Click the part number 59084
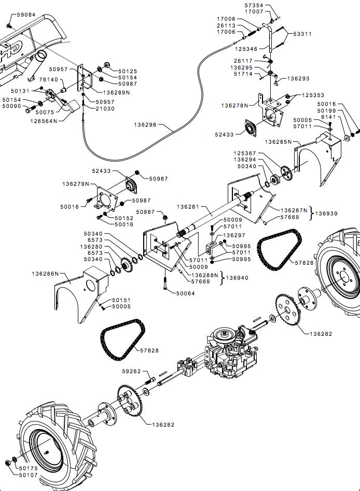pos(26,15)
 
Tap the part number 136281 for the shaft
pos(188,207)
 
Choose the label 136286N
pos(45,273)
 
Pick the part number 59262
pos(132,372)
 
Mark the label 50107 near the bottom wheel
pos(28,475)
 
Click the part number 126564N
pos(44,120)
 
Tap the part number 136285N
pos(279,142)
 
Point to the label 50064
pos(186,293)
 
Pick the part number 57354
pos(254,5)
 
